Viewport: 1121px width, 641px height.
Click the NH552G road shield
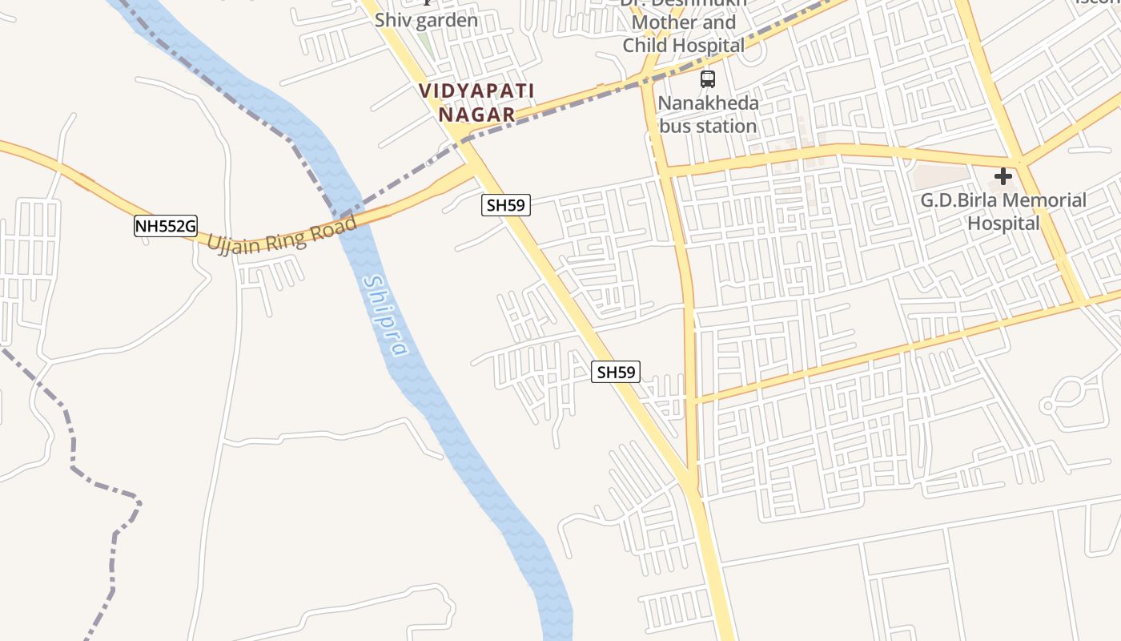(x=165, y=227)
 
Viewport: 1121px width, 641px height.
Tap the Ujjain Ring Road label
(x=282, y=233)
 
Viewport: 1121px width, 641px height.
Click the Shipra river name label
(x=385, y=316)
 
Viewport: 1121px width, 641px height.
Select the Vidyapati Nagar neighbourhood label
(x=476, y=103)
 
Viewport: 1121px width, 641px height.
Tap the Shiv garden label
(x=426, y=20)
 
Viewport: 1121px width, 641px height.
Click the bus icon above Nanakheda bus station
(x=708, y=79)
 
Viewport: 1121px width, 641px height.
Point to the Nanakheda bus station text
(x=708, y=115)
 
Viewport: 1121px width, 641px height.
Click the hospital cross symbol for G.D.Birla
(x=1002, y=176)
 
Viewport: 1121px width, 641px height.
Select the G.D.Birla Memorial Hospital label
(x=1003, y=212)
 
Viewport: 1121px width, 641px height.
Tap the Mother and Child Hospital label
(x=684, y=34)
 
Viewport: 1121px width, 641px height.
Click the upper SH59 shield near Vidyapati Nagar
(x=506, y=205)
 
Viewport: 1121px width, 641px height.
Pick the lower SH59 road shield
(x=616, y=372)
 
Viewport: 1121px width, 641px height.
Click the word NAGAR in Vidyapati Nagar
(x=476, y=115)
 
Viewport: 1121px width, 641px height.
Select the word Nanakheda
(x=708, y=103)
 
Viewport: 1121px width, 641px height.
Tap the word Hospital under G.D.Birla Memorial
(x=1003, y=223)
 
